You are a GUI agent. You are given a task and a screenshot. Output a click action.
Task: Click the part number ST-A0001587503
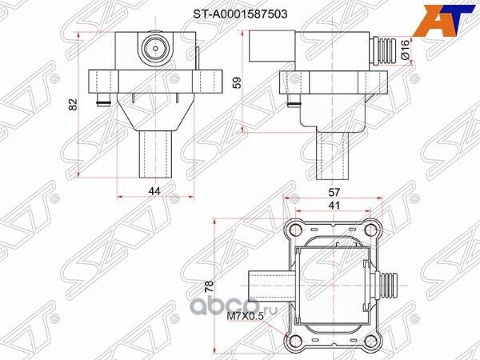[240, 14]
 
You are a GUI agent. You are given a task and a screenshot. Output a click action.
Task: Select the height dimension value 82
[73, 105]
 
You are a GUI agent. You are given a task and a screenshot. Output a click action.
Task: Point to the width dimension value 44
[154, 190]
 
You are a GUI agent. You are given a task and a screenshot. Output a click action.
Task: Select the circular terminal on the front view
[153, 50]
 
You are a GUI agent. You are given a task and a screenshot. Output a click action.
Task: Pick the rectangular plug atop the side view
[265, 45]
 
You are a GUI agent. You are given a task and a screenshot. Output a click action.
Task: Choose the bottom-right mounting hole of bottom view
[370, 342]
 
